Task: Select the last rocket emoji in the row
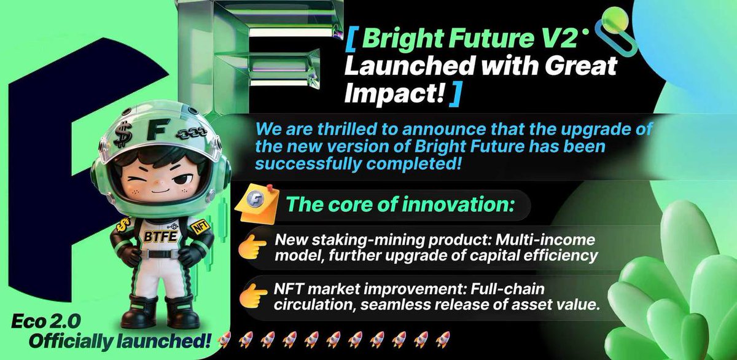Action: coord(443,338)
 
